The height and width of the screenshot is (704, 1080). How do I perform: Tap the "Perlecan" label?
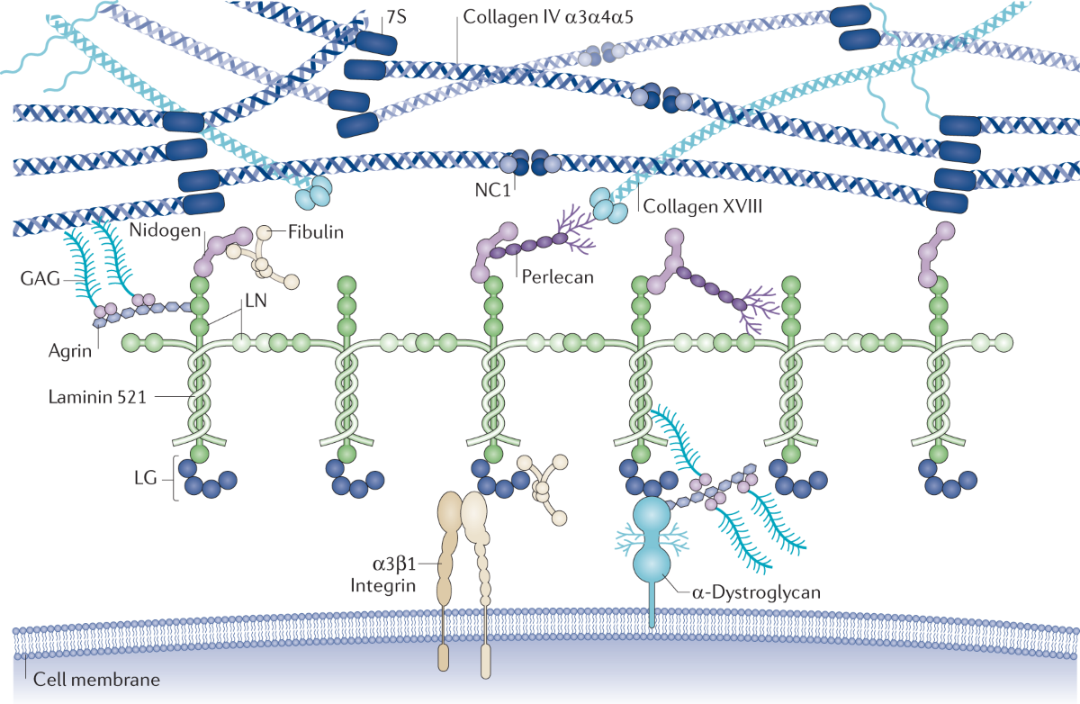click(558, 277)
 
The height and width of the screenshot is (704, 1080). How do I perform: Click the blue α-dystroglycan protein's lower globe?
click(653, 564)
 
